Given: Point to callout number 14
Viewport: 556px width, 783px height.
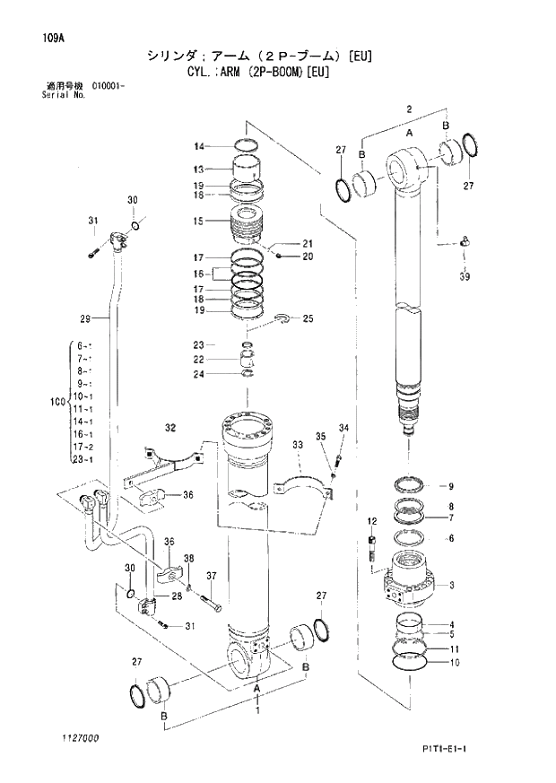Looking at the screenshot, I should [200, 145].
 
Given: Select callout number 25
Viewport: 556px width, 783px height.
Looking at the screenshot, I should [308, 318].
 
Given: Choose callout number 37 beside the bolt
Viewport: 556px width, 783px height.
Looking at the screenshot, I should [212, 576].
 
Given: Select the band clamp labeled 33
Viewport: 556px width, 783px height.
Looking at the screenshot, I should [306, 484].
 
